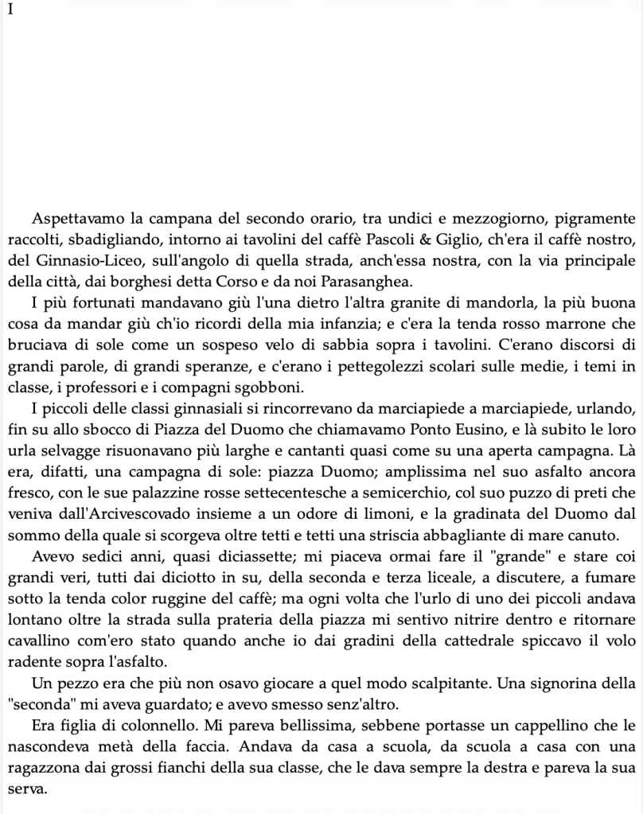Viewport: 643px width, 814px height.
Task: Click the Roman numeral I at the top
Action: pos(10,12)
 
